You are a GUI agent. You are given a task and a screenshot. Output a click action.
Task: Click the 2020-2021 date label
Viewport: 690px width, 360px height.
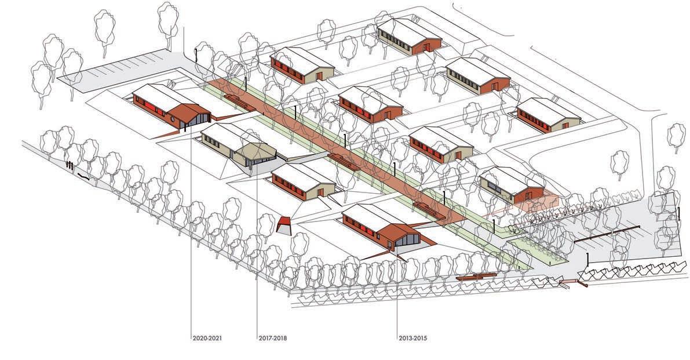tap(207, 337)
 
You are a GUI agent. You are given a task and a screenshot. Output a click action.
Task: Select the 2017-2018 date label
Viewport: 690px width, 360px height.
tap(272, 337)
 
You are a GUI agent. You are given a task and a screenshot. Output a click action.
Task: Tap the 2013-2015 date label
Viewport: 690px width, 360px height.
tap(412, 337)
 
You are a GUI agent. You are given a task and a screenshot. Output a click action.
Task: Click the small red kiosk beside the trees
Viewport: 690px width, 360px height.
tap(283, 224)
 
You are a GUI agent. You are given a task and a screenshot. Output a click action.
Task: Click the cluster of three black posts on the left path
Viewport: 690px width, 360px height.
tap(70, 166)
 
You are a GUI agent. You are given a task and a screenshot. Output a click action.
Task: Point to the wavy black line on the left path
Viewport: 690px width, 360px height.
tap(83, 177)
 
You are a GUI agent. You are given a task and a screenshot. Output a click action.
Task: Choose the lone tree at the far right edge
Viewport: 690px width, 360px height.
tap(676, 135)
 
